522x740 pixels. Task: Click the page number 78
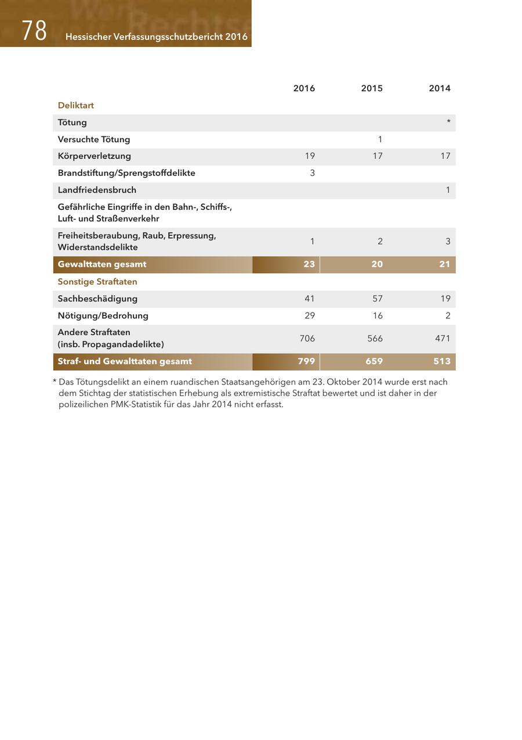[34, 31]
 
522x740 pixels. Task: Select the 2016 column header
[304, 88]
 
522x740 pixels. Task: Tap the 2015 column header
[372, 88]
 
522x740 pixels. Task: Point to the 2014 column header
[440, 88]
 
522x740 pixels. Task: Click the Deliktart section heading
[76, 106]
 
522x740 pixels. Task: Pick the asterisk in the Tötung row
[448, 122]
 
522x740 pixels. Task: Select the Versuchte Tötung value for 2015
[380, 139]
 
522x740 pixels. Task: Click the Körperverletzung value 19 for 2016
[310, 156]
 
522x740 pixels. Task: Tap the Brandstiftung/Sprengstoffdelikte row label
[126, 173]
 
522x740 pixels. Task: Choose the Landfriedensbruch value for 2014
[448, 190]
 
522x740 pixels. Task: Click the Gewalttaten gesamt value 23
[309, 264]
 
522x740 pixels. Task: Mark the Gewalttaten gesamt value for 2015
[377, 264]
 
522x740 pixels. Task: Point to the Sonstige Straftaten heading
[97, 282]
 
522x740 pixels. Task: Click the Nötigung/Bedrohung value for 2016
[310, 315]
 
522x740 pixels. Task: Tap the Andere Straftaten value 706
[307, 339]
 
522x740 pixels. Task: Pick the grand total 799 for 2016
[306, 361]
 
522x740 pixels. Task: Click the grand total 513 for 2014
[442, 361]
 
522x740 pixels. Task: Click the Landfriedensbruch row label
[97, 190]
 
